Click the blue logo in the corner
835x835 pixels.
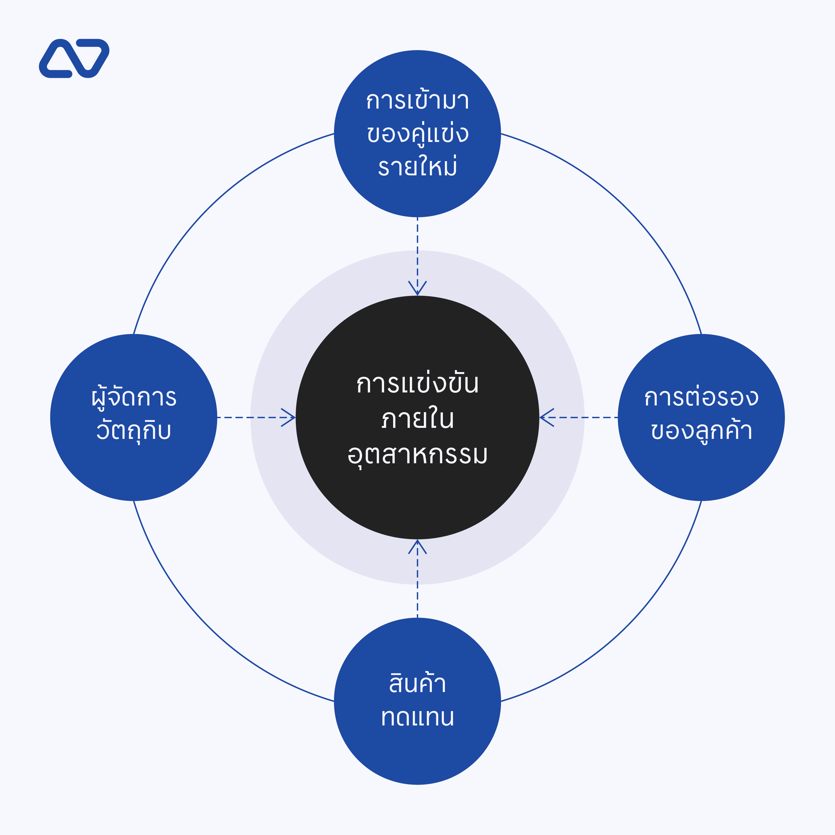pyautogui.click(x=73, y=58)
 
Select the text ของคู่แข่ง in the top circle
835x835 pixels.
pyautogui.click(x=417, y=133)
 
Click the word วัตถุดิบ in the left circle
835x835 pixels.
pyautogui.click(x=134, y=431)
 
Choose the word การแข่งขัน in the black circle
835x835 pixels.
pyautogui.click(x=417, y=383)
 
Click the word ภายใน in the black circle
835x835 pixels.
pyautogui.click(x=417, y=419)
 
